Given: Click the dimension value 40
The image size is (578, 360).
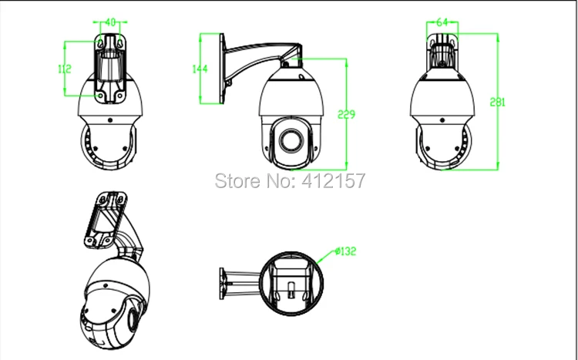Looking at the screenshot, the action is coord(110,22).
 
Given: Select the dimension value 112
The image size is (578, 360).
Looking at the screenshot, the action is coord(65,69).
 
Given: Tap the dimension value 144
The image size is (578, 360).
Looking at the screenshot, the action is coord(200,69).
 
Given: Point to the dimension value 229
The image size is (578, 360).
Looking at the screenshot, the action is coord(347,114).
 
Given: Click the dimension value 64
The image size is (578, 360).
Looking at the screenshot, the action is coord(442,22).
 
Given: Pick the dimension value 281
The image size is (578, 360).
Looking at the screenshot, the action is coord(498,103).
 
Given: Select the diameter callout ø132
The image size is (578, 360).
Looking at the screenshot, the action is coord(346,251).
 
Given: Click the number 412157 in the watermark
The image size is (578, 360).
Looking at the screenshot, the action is coord(334,180).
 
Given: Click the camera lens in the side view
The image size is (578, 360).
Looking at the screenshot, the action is coord(291,140).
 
